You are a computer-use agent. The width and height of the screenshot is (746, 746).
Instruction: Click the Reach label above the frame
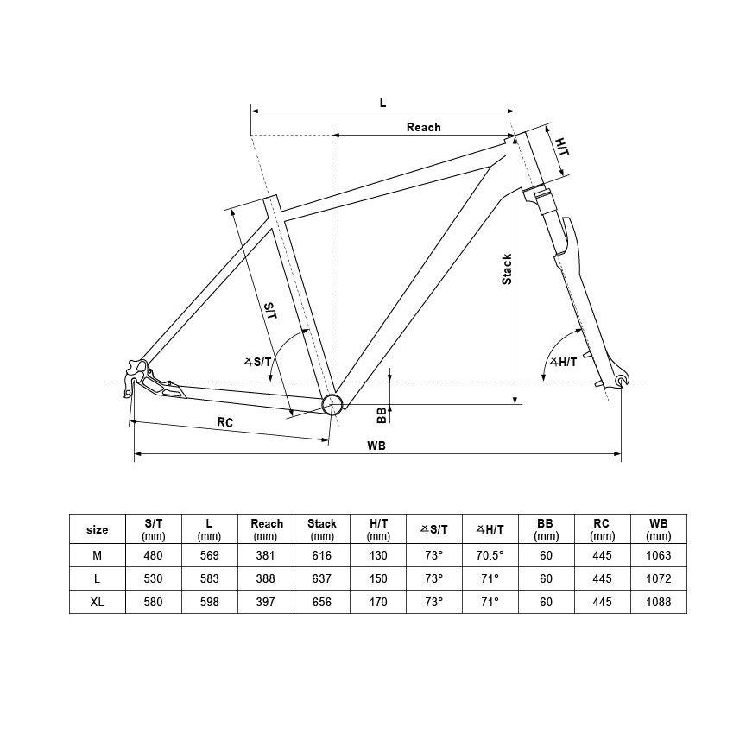click(423, 128)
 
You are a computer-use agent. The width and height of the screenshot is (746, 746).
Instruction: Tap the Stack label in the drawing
click(507, 269)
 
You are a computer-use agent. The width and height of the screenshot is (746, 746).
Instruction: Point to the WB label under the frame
click(376, 446)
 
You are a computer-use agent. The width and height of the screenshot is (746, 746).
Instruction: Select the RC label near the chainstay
click(225, 422)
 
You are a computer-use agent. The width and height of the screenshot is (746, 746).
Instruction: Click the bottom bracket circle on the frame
click(332, 404)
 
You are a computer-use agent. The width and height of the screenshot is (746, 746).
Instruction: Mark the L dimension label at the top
click(383, 103)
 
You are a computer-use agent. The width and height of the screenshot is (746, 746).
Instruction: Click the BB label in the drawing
click(382, 415)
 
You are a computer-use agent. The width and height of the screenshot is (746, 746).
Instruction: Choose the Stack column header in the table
click(322, 529)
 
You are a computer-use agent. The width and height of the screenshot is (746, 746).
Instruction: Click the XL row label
click(97, 602)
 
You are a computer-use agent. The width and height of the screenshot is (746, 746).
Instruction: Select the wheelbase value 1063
click(659, 555)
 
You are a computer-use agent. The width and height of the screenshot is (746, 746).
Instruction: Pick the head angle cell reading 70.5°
click(490, 555)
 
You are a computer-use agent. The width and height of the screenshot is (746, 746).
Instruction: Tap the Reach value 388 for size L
click(265, 578)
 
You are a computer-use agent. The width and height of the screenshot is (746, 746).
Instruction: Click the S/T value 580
click(153, 602)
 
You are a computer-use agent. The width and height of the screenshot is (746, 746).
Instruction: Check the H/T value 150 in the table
click(378, 578)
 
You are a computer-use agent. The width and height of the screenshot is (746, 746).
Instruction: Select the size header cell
click(97, 529)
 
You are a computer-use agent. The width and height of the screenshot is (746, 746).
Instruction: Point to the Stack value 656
click(321, 602)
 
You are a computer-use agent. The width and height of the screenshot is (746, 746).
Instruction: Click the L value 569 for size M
click(209, 555)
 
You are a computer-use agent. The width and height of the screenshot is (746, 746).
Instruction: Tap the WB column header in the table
click(659, 529)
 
